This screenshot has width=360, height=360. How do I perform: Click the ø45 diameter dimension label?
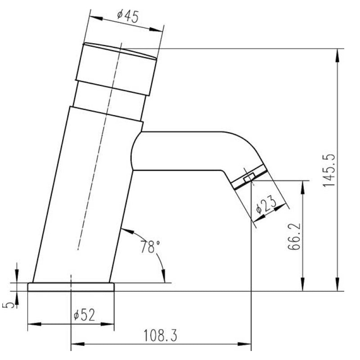[128, 16]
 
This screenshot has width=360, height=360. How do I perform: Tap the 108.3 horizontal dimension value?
[161, 335]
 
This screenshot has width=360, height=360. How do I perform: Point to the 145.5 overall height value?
[329, 171]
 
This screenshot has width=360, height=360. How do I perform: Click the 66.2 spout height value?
[294, 236]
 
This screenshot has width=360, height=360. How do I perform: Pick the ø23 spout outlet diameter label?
[266, 204]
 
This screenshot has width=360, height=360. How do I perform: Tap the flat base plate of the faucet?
[71, 287]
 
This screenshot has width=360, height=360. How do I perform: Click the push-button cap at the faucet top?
[116, 69]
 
